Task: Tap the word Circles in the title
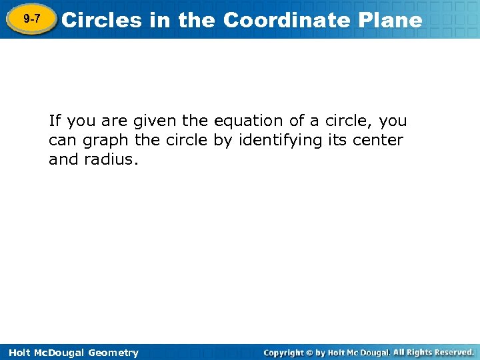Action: [x=101, y=20]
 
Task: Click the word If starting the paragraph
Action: [x=55, y=121]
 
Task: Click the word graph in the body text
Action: [x=106, y=141]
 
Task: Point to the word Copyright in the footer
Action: [x=283, y=353]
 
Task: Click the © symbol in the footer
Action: [x=309, y=353]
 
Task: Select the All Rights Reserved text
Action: [x=433, y=352]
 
